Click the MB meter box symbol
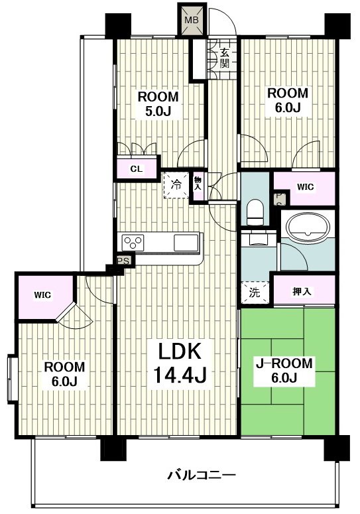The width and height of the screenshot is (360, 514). click(192, 20)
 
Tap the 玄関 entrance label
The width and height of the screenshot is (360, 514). click(224, 58)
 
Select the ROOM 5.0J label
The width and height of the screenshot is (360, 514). click(158, 104)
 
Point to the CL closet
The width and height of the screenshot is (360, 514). click(137, 169)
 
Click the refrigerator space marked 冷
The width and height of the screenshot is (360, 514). click(176, 185)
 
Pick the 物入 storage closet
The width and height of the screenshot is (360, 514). click(198, 186)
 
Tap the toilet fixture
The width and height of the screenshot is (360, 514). click(255, 212)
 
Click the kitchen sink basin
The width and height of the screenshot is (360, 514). click(186, 243)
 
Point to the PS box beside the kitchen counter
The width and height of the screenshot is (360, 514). click(124, 261)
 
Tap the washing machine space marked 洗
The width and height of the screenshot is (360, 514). click(255, 292)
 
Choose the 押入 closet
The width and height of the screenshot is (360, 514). click(304, 290)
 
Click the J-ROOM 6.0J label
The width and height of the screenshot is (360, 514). click(284, 371)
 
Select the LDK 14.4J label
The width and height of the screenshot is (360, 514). click(179, 363)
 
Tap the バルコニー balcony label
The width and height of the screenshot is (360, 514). click(202, 474)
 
